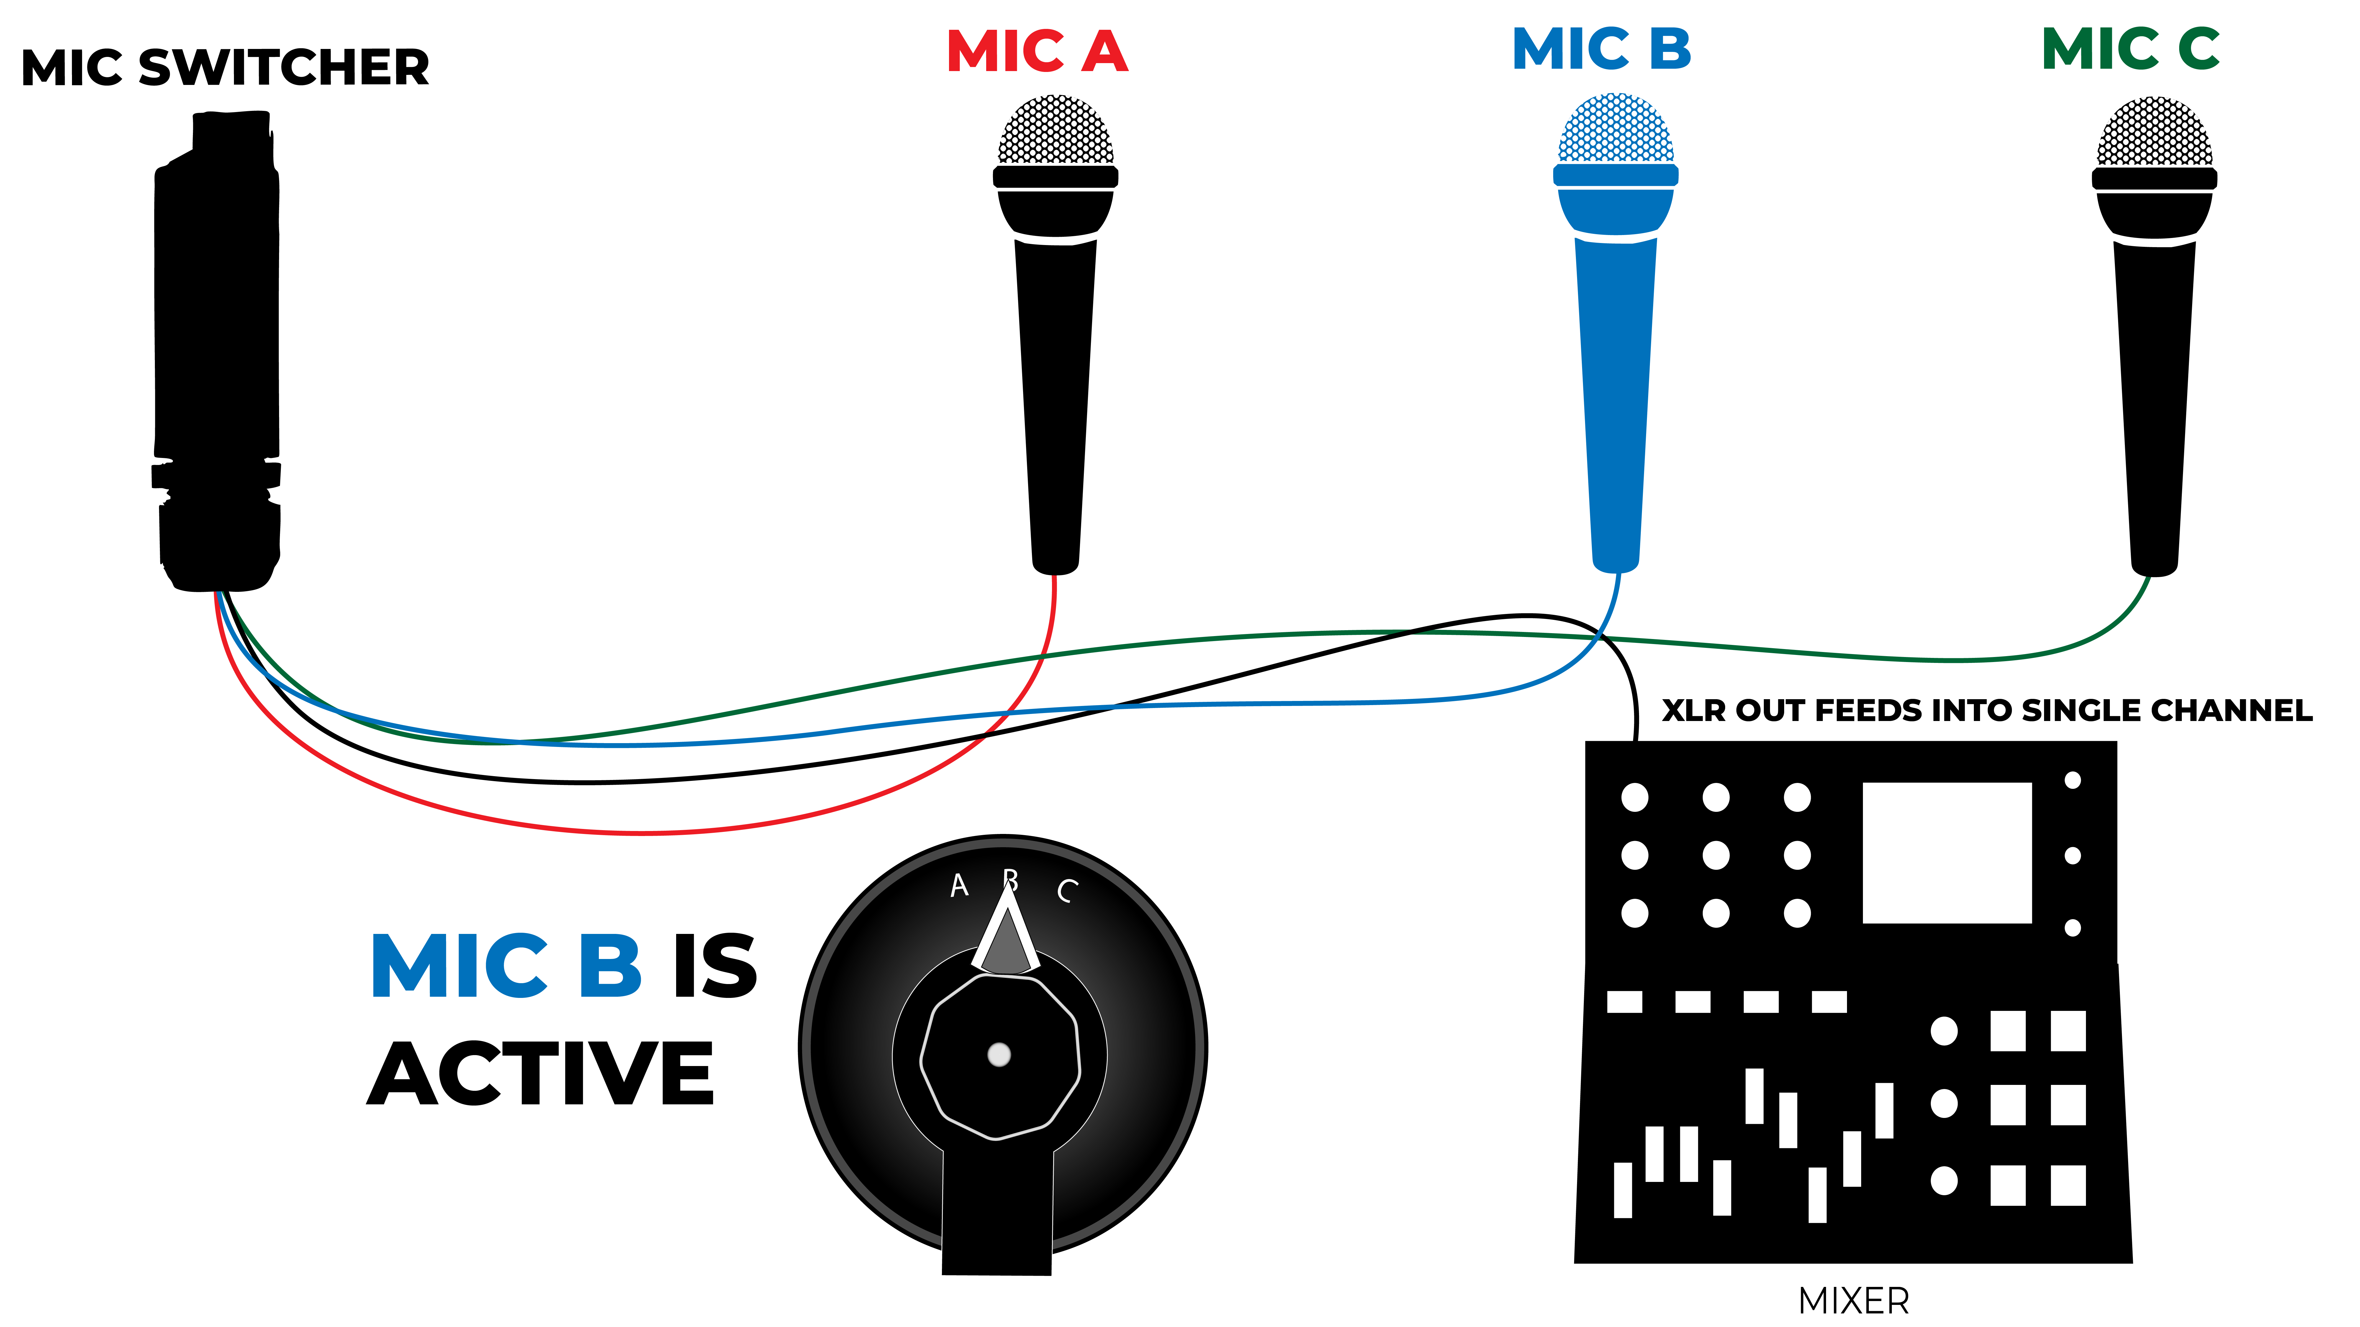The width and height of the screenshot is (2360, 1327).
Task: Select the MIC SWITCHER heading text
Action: click(225, 68)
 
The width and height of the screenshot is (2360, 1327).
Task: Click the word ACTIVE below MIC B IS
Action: click(540, 1073)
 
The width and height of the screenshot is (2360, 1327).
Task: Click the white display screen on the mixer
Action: click(1947, 852)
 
